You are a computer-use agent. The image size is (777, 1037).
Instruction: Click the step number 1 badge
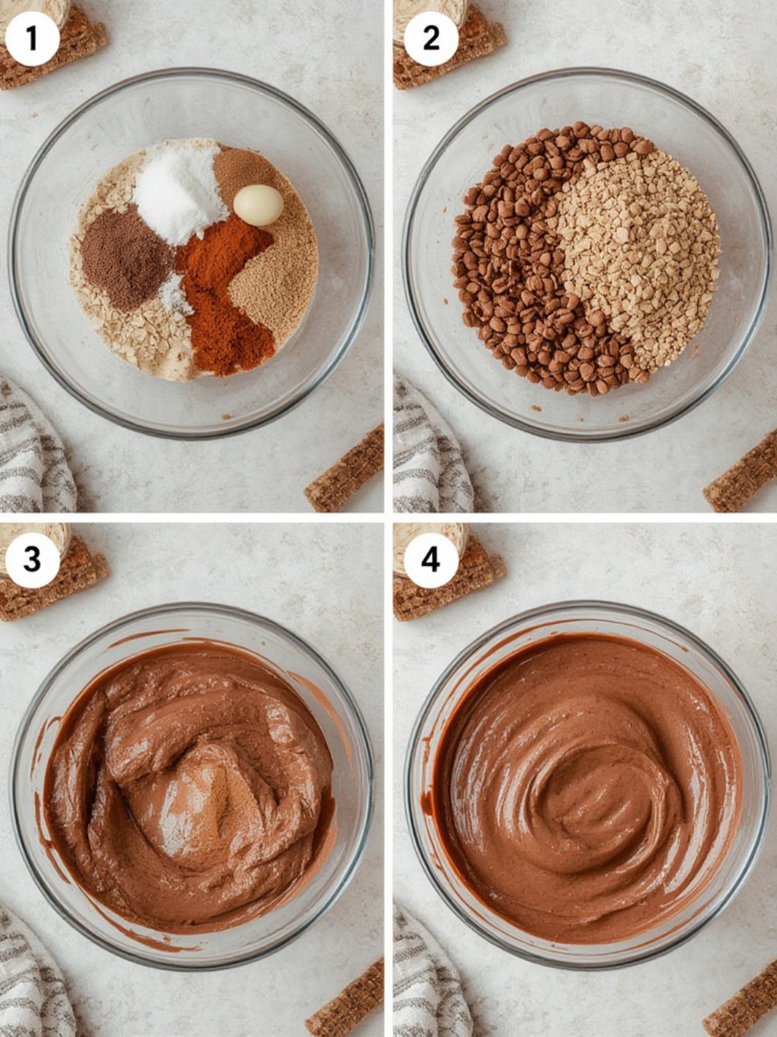pos(32,39)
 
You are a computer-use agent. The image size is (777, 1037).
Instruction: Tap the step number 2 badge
pos(430,39)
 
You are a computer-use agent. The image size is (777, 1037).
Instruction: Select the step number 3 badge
pos(32,560)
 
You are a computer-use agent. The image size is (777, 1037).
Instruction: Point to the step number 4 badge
pos(430,560)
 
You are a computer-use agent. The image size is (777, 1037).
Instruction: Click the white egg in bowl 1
pos(258,205)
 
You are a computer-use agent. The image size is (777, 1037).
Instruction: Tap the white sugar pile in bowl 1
pos(180,194)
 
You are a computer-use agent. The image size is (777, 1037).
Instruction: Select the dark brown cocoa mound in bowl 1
pos(125,258)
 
